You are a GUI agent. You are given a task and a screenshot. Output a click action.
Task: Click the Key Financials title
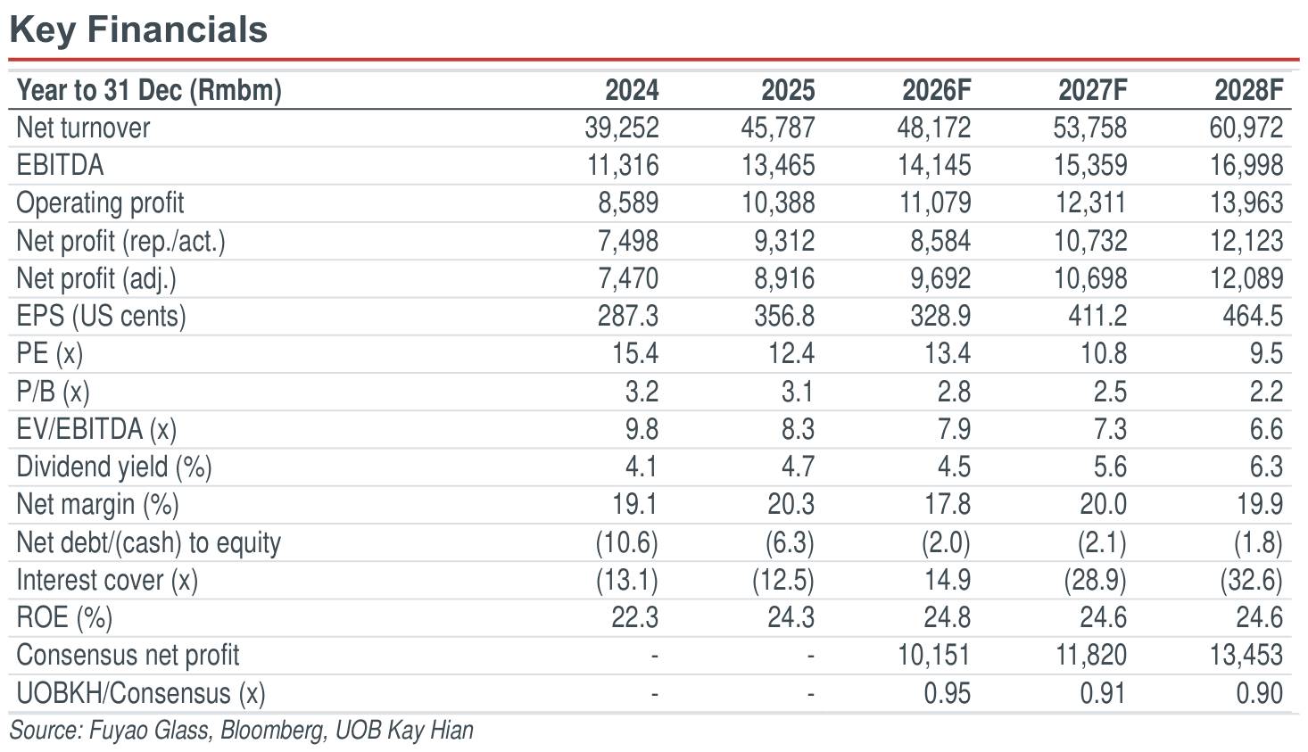point(138,29)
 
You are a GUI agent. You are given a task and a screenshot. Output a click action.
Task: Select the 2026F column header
point(936,90)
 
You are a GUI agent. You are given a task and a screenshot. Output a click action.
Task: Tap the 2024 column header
point(632,90)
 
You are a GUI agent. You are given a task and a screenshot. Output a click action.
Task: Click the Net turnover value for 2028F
point(1246,128)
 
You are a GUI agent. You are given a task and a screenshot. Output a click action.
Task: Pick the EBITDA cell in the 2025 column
point(778,165)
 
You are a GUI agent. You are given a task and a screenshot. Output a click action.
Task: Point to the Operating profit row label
point(100,203)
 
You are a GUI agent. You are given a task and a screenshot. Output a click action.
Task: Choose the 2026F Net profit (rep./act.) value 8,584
point(940,241)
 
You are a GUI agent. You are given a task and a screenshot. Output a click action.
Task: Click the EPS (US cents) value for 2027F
point(1097,316)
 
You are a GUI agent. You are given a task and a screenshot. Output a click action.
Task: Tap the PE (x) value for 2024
point(634,354)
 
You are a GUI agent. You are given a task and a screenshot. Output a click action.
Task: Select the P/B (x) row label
point(53,392)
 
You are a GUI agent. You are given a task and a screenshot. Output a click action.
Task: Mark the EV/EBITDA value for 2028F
point(1266,429)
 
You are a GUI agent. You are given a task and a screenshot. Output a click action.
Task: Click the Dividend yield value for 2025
point(798,467)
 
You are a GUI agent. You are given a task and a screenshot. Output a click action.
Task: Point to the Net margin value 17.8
point(948,504)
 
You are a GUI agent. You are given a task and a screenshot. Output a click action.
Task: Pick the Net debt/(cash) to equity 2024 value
point(627,543)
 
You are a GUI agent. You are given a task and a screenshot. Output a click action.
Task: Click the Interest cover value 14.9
point(948,580)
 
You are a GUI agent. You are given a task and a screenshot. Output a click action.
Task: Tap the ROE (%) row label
point(64,617)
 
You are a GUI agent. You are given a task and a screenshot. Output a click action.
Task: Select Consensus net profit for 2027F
point(1091,655)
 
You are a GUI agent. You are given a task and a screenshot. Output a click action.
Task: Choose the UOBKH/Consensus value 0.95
point(948,693)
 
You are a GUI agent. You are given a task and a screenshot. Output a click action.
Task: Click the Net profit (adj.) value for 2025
point(784,278)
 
